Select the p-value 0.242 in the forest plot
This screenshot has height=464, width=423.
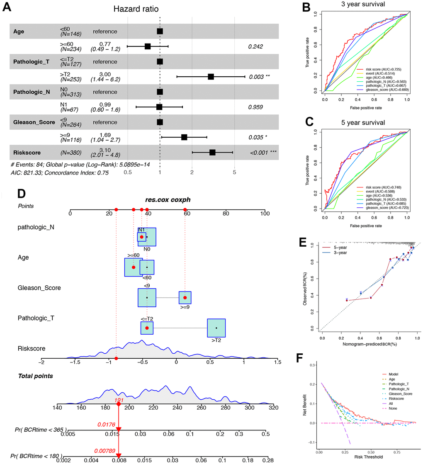(256, 47)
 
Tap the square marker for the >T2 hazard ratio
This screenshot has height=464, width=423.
(211, 77)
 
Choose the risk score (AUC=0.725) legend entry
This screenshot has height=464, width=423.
(379, 69)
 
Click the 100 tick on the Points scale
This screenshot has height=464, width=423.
(264, 214)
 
